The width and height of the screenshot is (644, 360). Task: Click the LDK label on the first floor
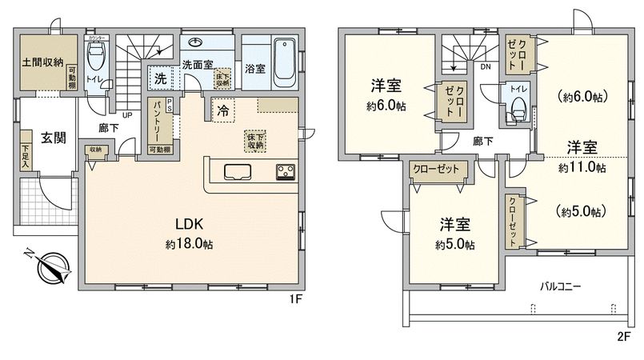pos(189,225)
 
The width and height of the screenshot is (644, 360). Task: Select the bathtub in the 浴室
pos(285,61)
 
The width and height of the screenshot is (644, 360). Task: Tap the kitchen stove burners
pos(286,170)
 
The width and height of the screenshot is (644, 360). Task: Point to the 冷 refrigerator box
pos(222,111)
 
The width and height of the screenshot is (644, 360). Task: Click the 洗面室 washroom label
pos(196,64)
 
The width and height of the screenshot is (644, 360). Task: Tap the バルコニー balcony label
pos(559,286)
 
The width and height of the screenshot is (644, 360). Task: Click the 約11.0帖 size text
pos(582,168)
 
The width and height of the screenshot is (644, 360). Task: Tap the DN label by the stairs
pos(486,67)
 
